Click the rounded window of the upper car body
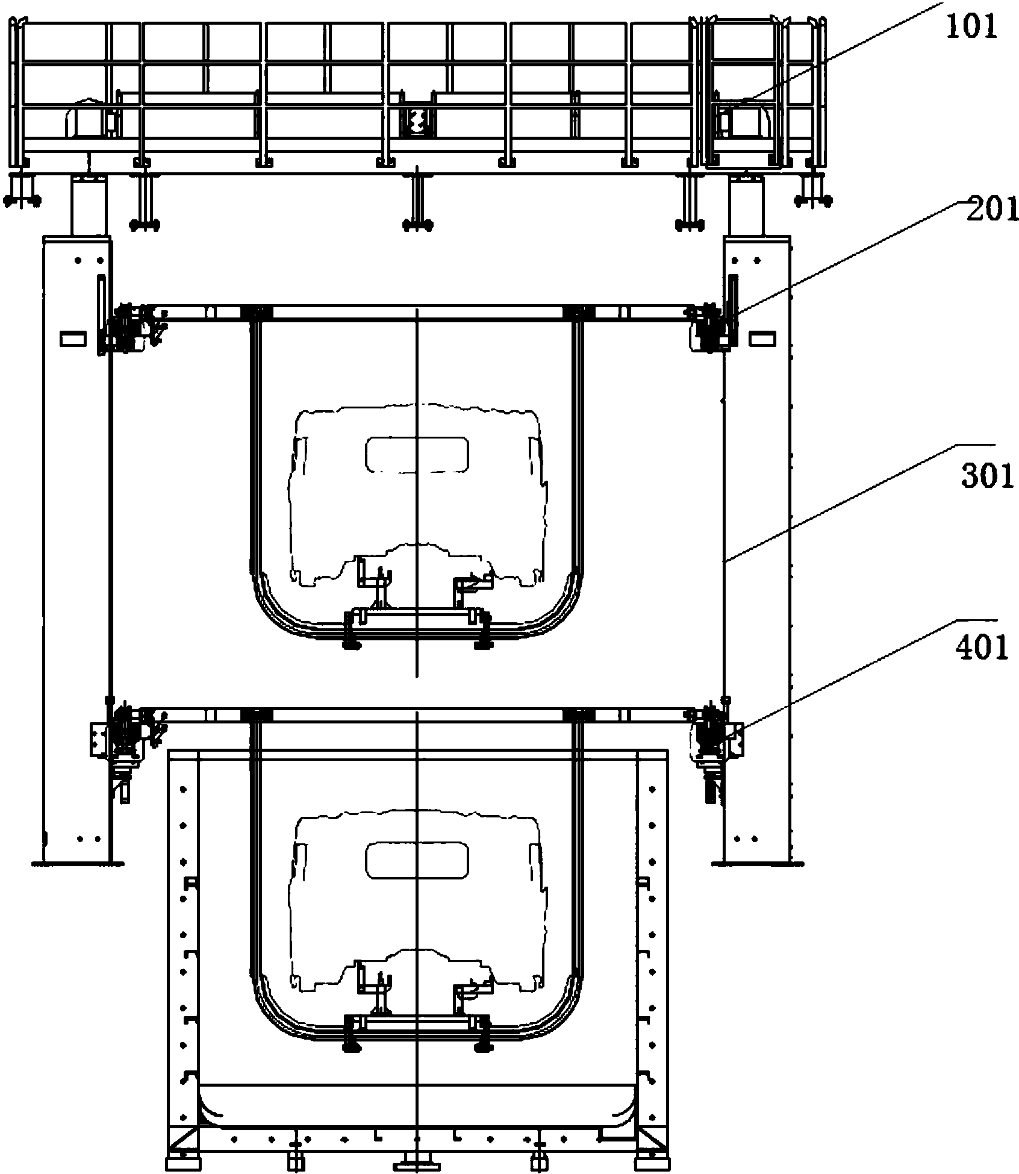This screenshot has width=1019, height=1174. [417, 454]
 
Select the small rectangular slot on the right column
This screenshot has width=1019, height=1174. [762, 339]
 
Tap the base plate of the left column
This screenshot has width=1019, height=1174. [78, 863]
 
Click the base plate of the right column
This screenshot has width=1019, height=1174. [758, 863]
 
